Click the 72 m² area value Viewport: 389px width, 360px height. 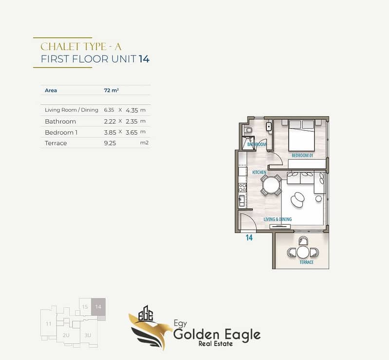111,90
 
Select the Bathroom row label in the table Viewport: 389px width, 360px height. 60,122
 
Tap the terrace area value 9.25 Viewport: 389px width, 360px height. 110,143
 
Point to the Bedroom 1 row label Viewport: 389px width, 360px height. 61,132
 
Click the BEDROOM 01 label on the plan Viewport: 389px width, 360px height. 302,156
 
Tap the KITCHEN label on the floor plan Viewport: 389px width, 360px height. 259,172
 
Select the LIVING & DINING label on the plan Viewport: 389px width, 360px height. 278,219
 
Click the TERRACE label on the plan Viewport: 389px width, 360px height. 306,262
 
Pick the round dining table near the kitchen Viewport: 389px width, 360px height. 271,185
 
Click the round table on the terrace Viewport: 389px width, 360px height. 303,252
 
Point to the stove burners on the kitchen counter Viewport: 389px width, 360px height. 242,188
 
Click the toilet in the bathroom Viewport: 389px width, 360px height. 248,130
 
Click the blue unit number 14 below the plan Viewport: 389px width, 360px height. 249,238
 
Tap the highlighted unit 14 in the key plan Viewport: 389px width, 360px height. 98,306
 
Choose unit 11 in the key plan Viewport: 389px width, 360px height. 49,324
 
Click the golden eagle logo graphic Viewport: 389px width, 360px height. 150,327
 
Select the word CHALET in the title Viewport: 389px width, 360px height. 60,47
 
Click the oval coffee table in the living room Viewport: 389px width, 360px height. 297,199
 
